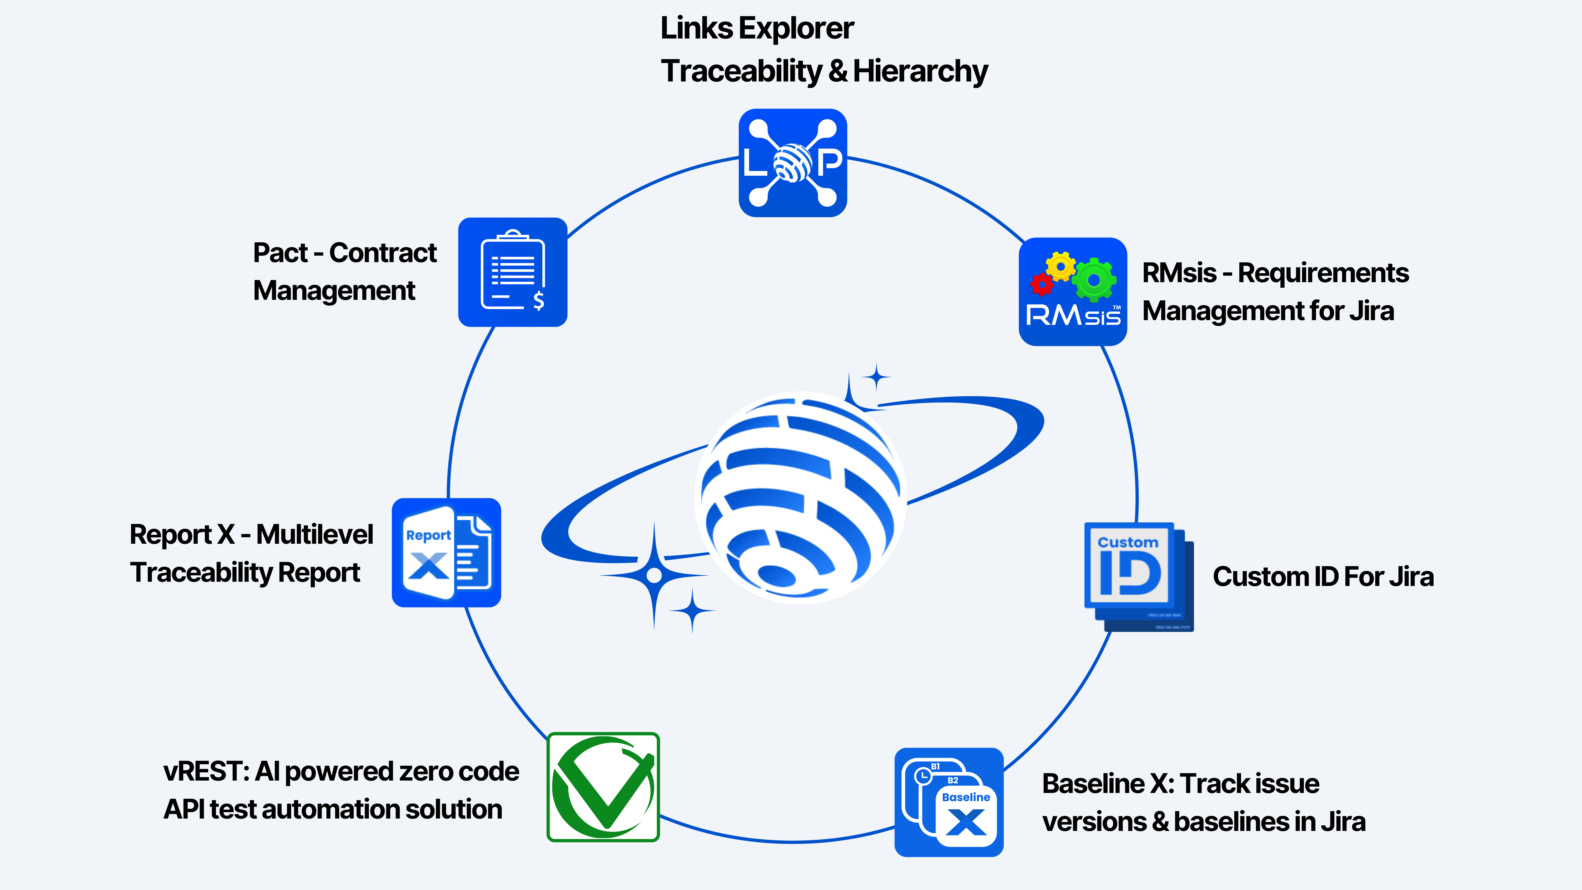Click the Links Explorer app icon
792,163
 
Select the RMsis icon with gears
1072,292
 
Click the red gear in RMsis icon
1041,284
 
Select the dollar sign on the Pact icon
539,300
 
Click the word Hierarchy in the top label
920,71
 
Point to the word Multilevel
315,534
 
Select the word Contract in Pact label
383,253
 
